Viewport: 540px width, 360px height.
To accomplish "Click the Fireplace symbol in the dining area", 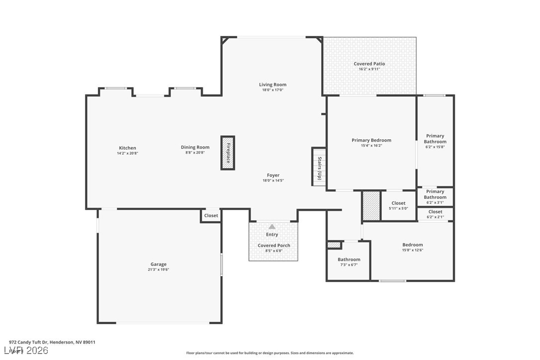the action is click(228, 153).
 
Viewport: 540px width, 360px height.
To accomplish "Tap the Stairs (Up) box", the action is click(319, 167).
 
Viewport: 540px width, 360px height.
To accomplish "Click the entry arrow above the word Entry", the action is click(272, 226).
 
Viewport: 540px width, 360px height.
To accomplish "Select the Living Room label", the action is click(273, 85).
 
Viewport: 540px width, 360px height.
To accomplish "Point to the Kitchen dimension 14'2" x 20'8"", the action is click(127, 153).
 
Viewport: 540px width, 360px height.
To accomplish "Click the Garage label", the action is click(159, 264).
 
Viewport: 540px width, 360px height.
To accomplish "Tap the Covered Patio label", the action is click(369, 64).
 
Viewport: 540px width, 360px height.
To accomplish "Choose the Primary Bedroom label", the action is click(371, 140).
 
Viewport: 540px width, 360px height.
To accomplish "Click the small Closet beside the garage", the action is click(211, 216).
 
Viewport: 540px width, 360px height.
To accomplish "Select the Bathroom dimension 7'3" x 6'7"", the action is click(349, 265).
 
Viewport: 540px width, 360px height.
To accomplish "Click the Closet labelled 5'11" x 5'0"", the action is click(398, 205).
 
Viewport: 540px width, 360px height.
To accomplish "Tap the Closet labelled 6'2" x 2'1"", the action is click(435, 214).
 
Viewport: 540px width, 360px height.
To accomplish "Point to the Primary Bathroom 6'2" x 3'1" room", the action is click(435, 197).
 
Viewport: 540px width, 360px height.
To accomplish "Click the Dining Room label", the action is click(195, 147).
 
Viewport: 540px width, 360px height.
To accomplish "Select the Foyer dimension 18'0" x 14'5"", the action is click(273, 180).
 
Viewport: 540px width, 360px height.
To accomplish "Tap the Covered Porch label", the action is click(274, 245).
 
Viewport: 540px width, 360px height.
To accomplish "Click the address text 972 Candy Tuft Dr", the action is click(28, 342).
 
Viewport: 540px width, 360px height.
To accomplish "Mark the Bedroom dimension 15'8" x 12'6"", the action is click(413, 250).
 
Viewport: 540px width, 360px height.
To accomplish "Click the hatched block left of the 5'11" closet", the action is click(371, 205).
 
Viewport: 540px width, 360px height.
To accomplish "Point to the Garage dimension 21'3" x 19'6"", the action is click(159, 270).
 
